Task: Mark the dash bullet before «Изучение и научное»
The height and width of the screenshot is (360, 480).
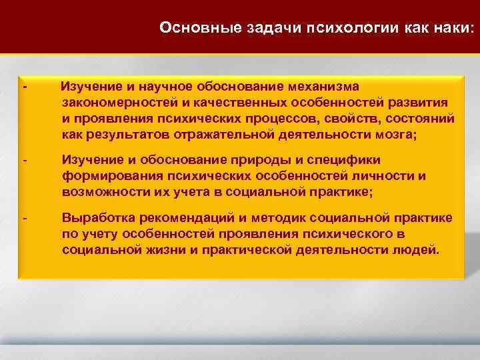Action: [25, 87]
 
